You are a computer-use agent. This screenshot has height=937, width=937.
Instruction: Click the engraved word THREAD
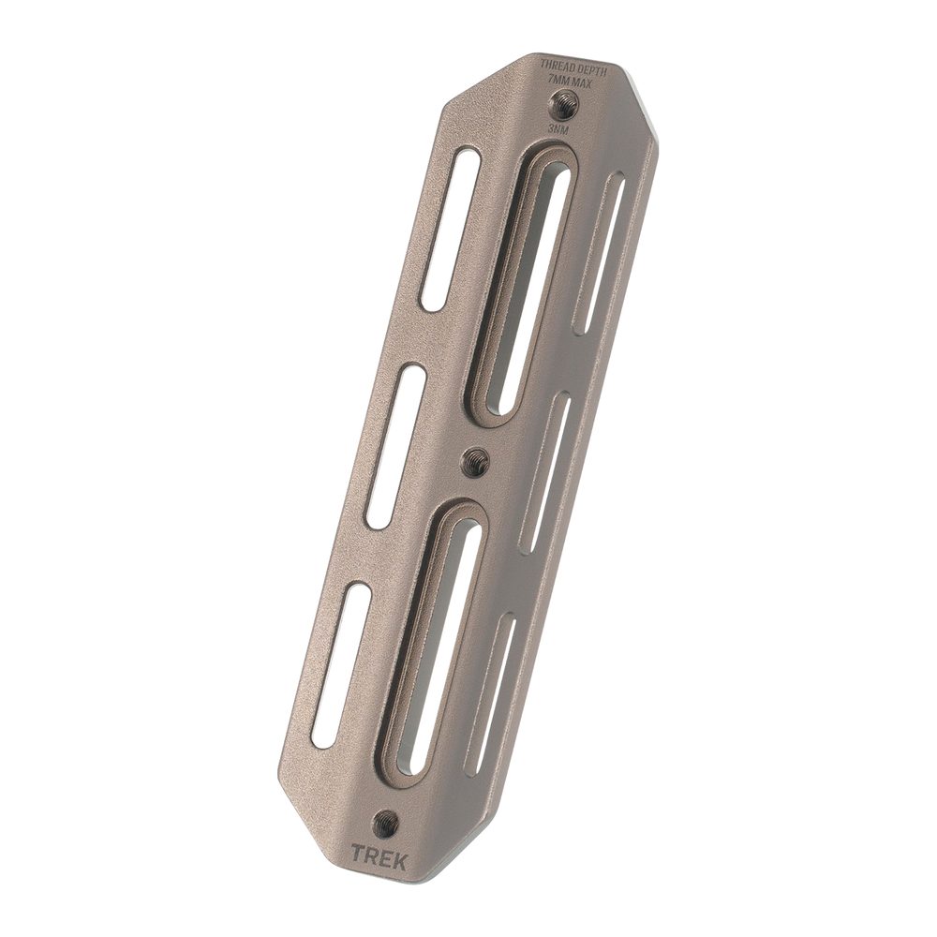click(x=554, y=66)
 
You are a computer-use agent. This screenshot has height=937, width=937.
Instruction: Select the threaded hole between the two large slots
click(x=477, y=459)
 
